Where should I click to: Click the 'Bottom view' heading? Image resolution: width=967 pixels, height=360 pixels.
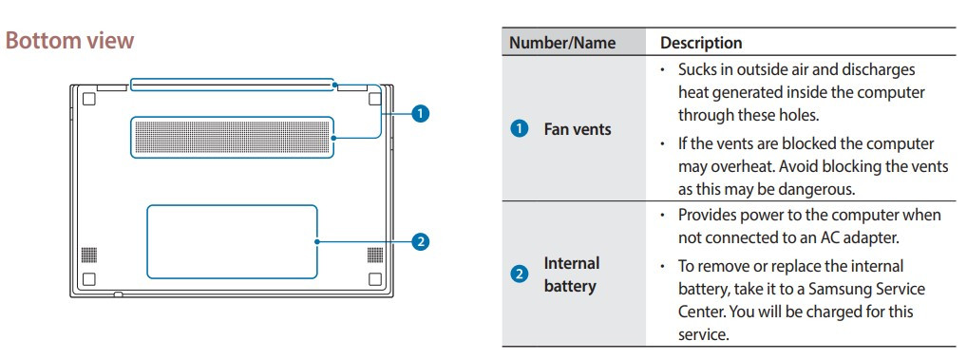70,41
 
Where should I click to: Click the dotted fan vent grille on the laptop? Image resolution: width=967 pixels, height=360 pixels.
232,138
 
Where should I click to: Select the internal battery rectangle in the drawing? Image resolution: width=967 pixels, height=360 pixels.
232,241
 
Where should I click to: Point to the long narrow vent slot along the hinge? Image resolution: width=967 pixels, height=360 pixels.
233,85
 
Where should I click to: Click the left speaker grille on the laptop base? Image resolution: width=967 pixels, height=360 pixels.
88,255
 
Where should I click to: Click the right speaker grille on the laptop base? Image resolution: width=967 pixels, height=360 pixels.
374,255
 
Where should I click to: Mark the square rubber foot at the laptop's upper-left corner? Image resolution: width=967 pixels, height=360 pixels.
88,98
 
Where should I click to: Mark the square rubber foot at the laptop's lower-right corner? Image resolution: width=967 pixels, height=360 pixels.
374,279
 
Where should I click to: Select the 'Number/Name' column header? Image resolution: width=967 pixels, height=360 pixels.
562,43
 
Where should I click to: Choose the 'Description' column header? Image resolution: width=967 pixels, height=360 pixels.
701,43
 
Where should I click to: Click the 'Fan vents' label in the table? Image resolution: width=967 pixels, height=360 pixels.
578,129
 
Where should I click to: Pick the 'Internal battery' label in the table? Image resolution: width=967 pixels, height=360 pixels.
572,274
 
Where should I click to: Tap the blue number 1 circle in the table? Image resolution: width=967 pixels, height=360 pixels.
519,129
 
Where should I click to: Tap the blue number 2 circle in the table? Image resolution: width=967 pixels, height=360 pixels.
519,275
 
